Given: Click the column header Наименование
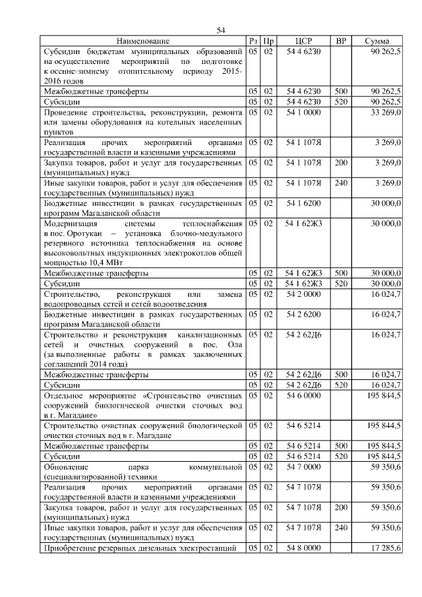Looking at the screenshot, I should pyautogui.click(x=144, y=42).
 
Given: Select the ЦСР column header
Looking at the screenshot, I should pyautogui.click(x=303, y=42).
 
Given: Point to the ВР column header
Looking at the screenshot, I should pyautogui.click(x=341, y=42).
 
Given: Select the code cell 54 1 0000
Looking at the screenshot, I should pyautogui.click(x=303, y=113).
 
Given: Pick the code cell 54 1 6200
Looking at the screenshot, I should pyautogui.click(x=303, y=204).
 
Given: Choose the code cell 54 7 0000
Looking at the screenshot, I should pyautogui.click(x=303, y=466).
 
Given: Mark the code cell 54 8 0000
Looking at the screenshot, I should pyautogui.click(x=303, y=548).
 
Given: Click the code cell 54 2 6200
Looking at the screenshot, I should pyautogui.click(x=303, y=314).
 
